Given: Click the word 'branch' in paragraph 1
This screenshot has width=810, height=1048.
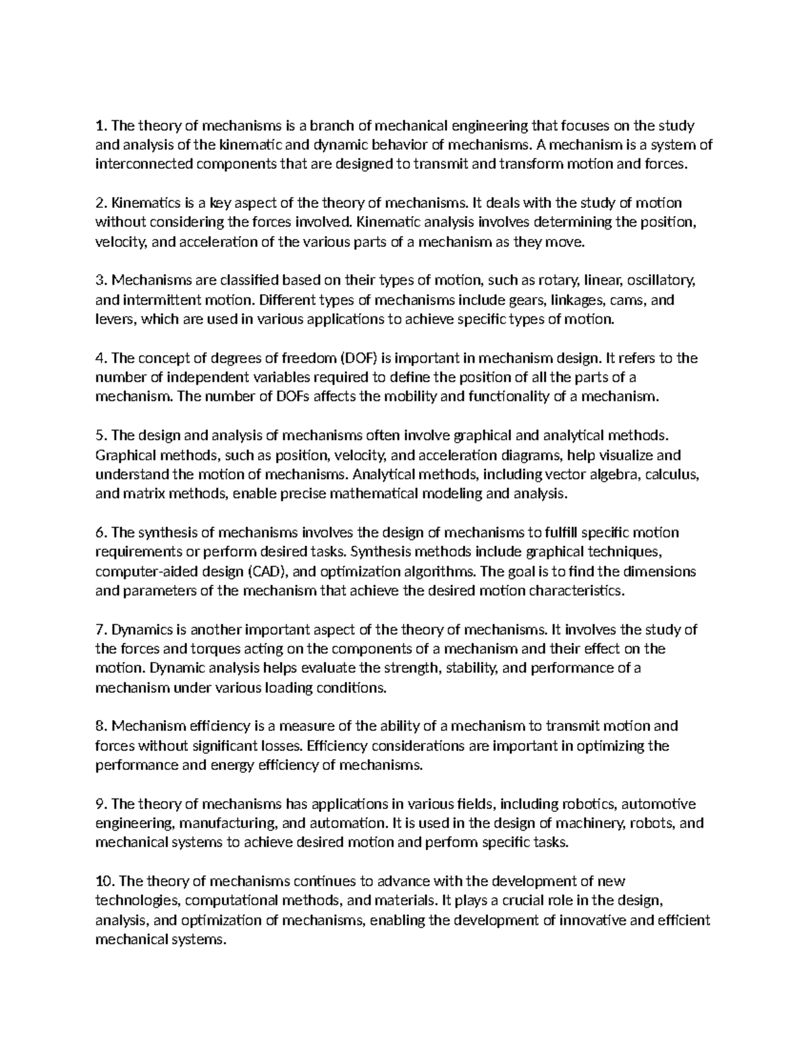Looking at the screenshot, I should [x=330, y=126].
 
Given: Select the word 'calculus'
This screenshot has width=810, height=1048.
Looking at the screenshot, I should [x=672, y=474].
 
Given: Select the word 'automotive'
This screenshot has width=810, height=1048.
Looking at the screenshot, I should [x=658, y=804].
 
